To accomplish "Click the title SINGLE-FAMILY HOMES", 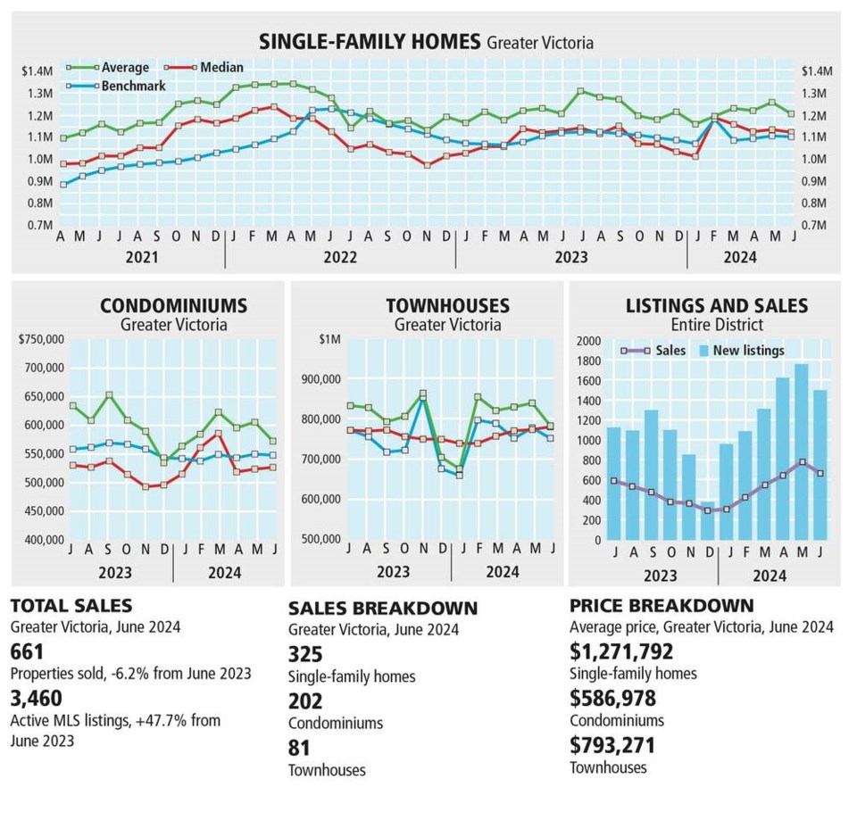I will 370,41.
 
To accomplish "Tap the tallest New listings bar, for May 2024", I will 801,451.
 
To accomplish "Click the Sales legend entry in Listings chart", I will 670,351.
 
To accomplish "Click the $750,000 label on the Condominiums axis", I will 41,339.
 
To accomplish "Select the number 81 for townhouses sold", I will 300,748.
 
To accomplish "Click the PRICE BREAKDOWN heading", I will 661,605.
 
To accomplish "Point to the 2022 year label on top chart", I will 340,257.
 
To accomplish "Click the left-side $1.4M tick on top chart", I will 38,70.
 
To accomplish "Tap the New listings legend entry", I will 748,351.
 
